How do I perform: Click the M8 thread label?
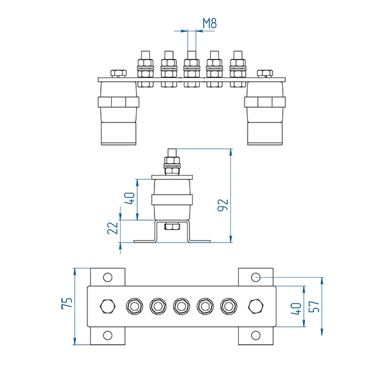[210, 24]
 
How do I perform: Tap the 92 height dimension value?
[223, 204]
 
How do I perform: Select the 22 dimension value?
[113, 228]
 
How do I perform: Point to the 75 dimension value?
[66, 304]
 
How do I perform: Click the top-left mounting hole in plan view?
[107, 278]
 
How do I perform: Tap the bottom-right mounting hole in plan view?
[255, 335]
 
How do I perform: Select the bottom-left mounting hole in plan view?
[107, 335]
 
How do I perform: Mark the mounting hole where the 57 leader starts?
[255, 277]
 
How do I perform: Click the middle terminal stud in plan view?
[181, 306]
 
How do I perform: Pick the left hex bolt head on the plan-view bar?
[107, 306]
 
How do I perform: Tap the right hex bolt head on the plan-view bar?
[255, 306]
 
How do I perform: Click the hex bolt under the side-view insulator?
[172, 227]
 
